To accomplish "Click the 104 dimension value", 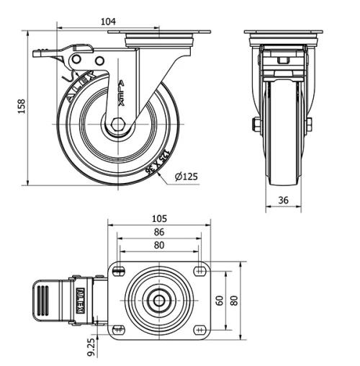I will click(109, 21).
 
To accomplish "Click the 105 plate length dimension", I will click(159, 218).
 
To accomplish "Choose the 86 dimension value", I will click(159, 232).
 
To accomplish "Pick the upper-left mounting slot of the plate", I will click(118, 272).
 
